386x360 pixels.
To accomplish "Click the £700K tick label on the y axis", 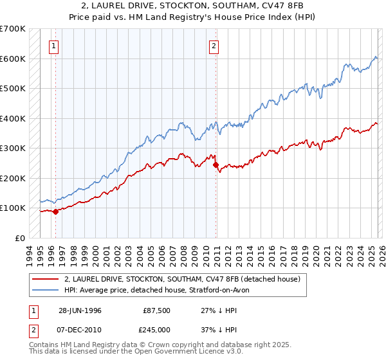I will [13, 29].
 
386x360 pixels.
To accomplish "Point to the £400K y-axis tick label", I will [13, 118].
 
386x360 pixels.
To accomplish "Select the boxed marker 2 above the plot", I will [213, 46].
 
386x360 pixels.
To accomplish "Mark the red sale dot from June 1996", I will [56, 212].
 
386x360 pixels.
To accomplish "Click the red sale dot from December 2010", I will [215, 165].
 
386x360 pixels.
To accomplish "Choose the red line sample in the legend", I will [45, 279].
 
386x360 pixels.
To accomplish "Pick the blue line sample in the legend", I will [45, 290].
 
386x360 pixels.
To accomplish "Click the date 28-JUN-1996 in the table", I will [80, 310].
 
